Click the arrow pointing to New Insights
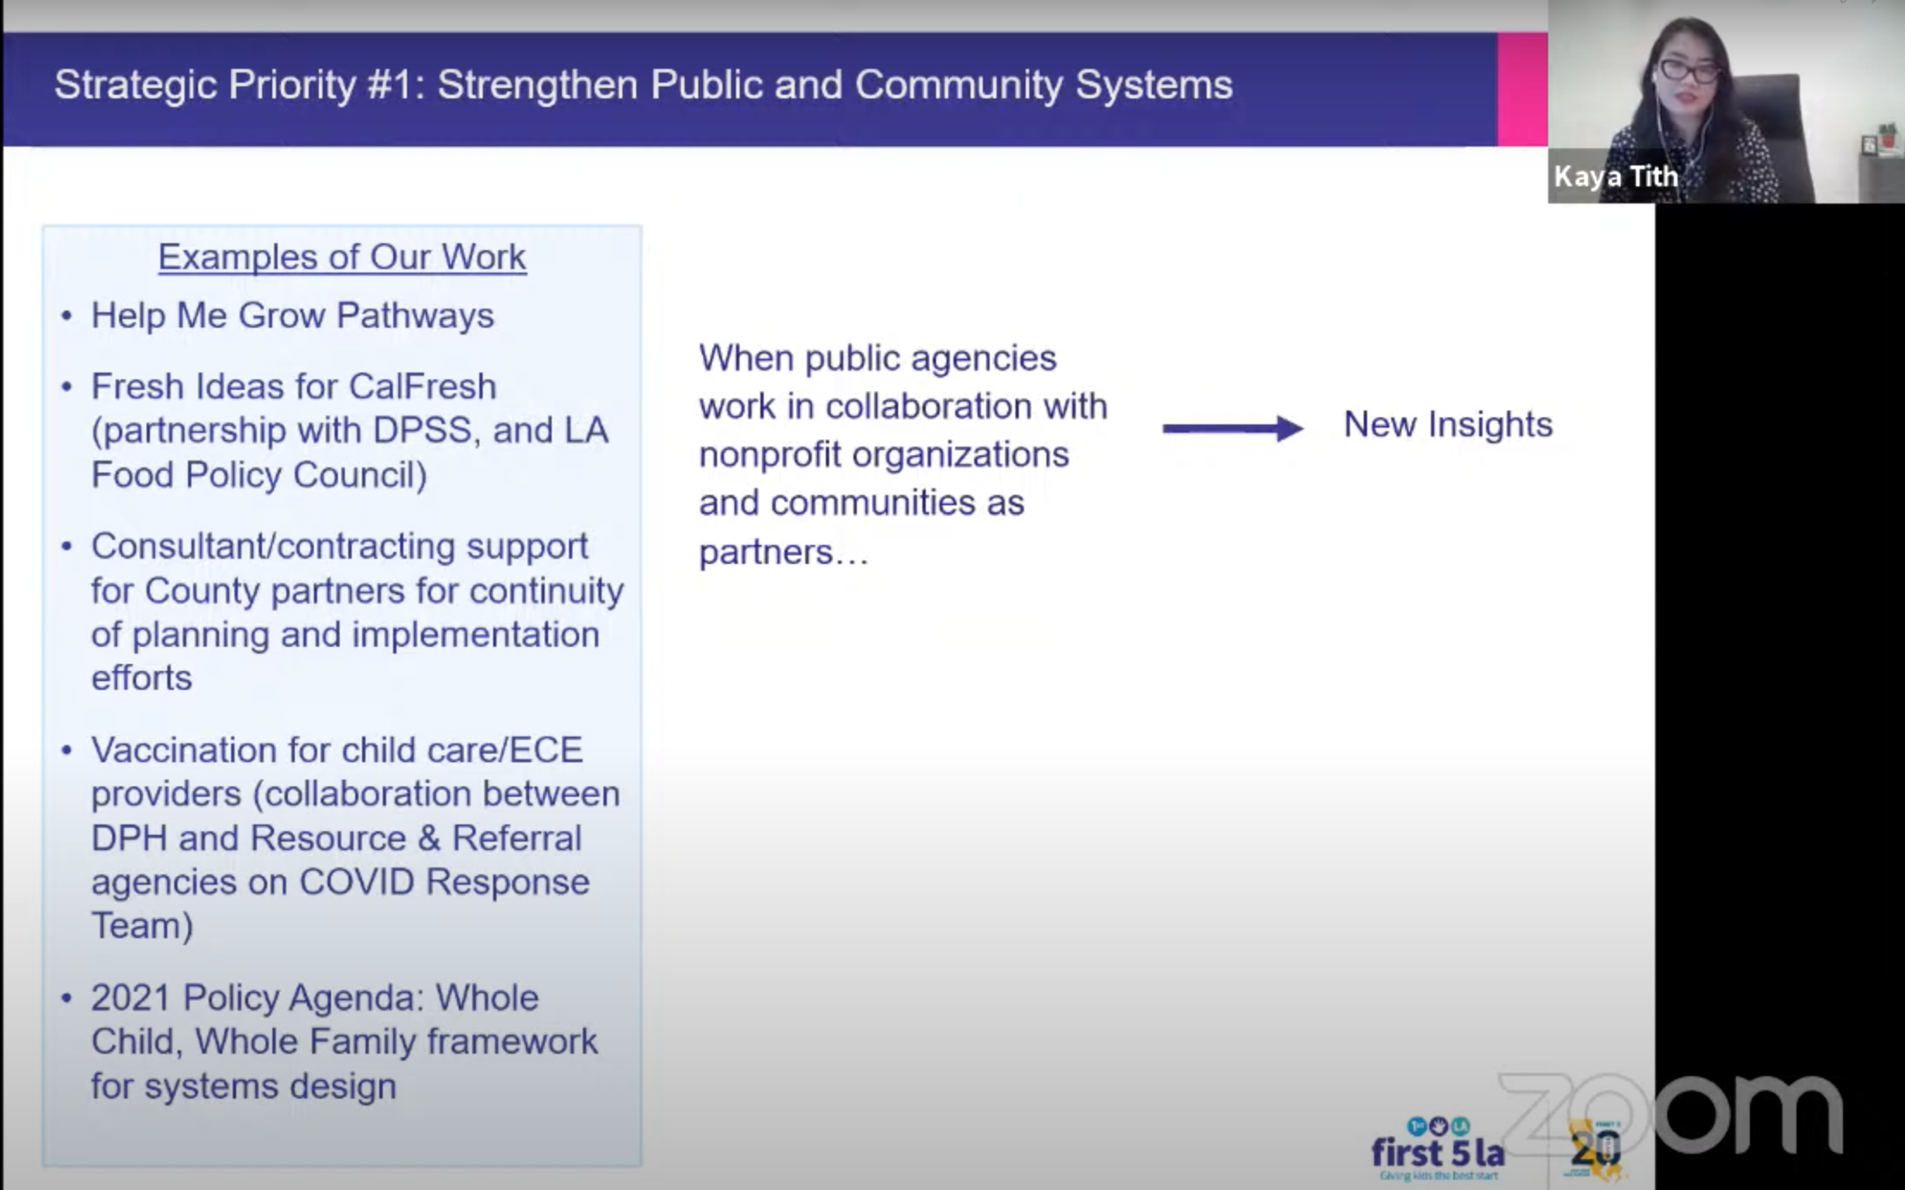[x=1233, y=428]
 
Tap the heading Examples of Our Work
[x=342, y=257]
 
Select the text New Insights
[x=1448, y=424]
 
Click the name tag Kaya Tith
[x=1616, y=176]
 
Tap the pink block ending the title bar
[x=1522, y=89]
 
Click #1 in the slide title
[x=396, y=85]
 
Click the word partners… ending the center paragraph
[x=784, y=553]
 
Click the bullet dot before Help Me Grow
[x=66, y=316]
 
